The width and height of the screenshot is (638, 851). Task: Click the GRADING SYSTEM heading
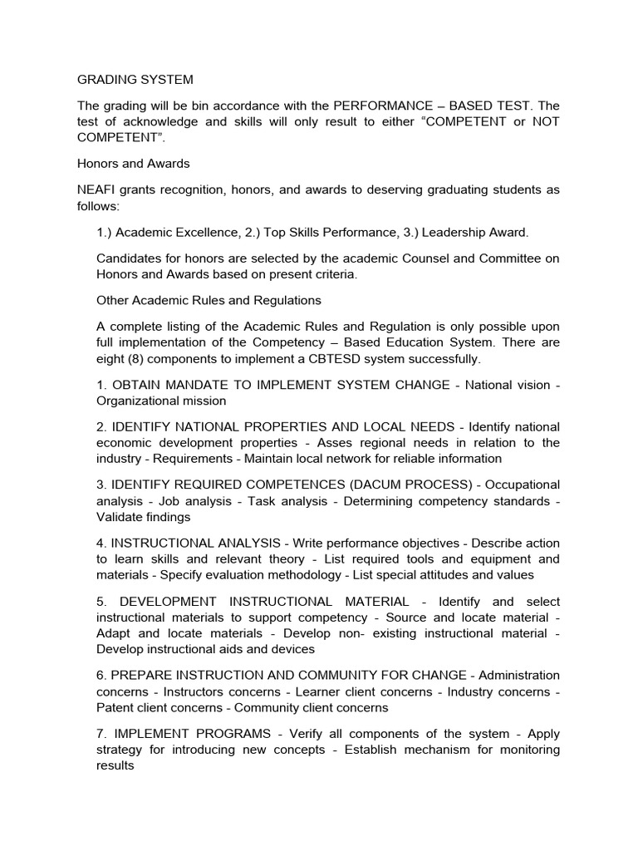click(x=135, y=80)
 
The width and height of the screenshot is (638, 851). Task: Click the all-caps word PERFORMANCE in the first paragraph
click(x=377, y=106)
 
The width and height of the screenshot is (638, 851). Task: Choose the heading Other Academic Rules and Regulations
click(x=209, y=299)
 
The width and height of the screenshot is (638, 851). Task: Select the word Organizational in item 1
click(x=137, y=401)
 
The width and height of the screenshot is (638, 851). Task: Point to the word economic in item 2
click(x=125, y=442)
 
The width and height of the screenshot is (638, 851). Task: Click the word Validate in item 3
click(x=122, y=517)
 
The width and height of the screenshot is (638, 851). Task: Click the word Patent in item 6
click(x=117, y=707)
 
